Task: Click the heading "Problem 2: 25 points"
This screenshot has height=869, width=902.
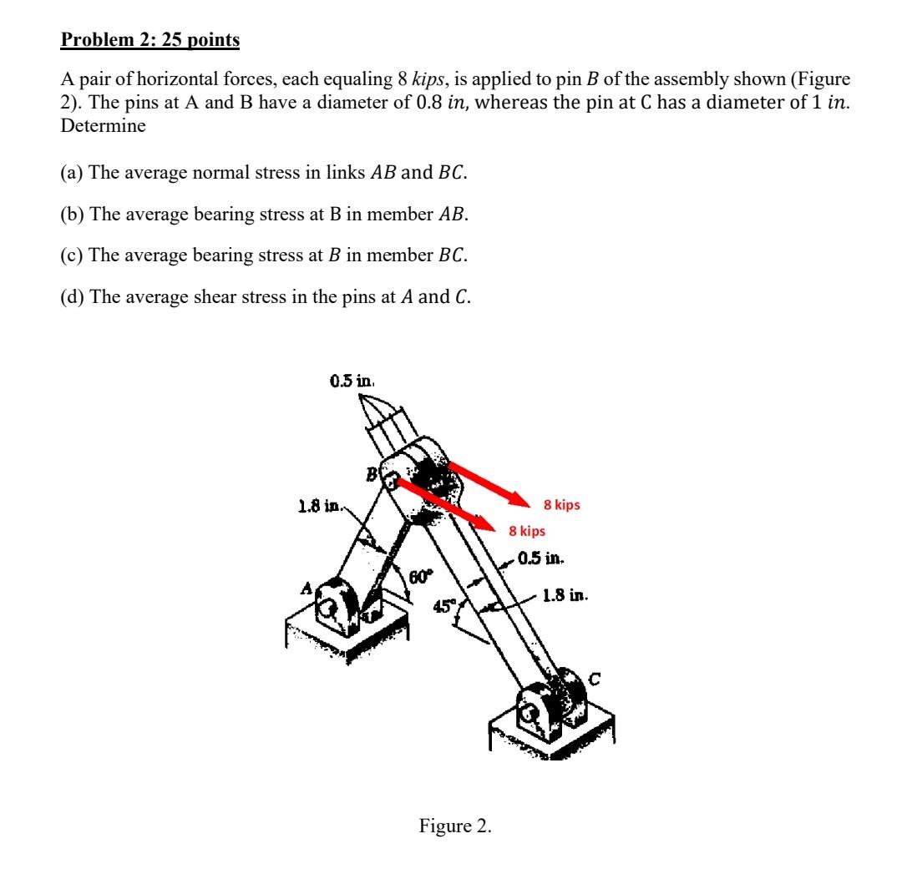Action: coord(150,39)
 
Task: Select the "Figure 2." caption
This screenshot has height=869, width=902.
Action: coord(455,826)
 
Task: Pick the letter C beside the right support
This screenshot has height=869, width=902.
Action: coord(595,680)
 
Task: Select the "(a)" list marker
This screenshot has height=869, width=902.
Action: coord(73,173)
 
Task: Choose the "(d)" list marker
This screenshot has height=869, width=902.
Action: coord(73,296)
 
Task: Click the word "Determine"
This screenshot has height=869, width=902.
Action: coord(103,126)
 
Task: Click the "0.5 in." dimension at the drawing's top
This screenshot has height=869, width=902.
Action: coord(352,381)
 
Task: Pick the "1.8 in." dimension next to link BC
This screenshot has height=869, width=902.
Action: coord(566,596)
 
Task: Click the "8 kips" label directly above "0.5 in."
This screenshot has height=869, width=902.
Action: coord(527,531)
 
